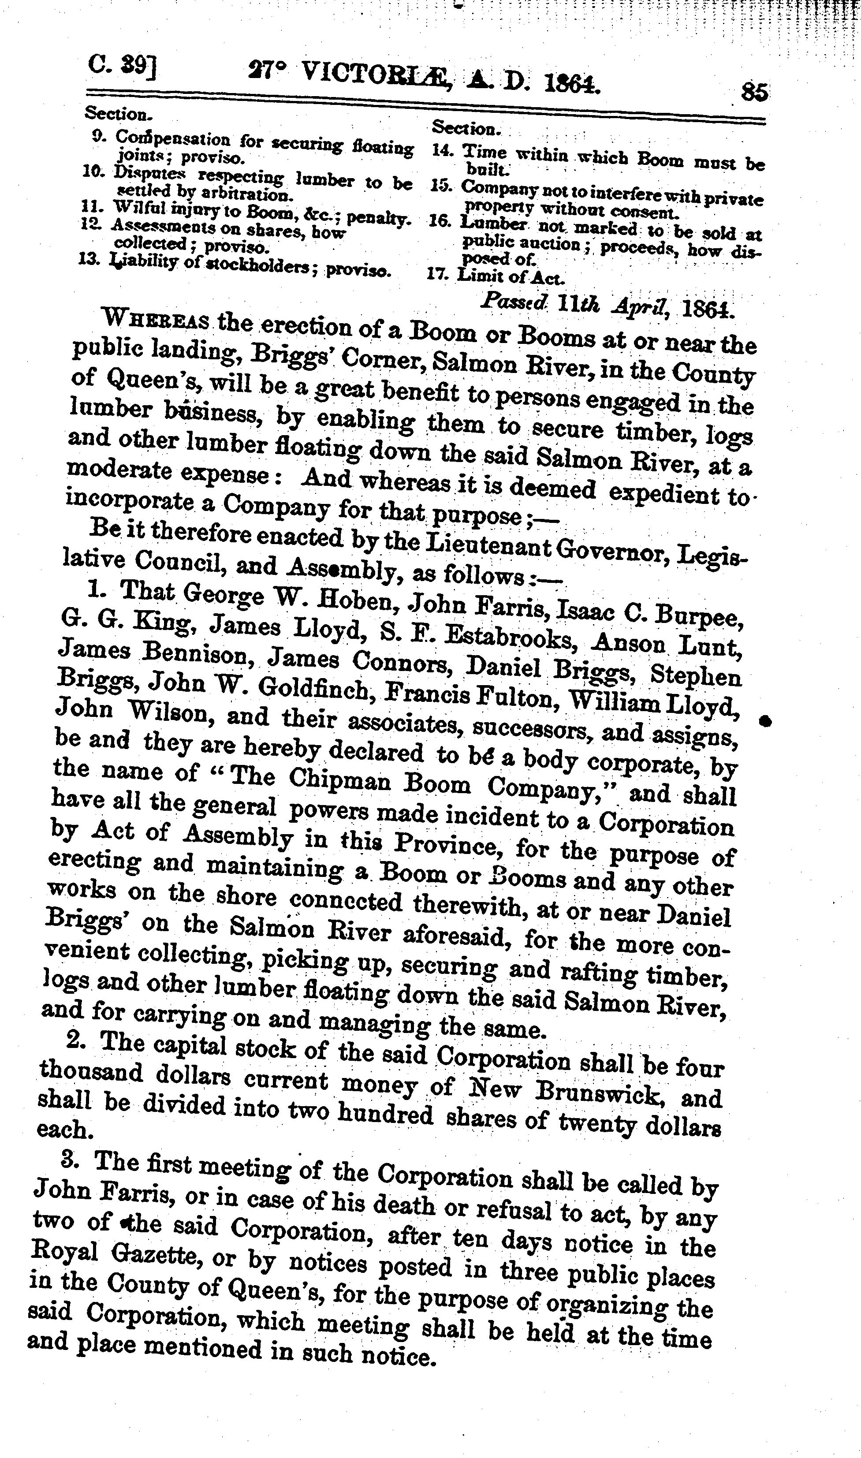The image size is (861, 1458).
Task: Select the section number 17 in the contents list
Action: point(437,274)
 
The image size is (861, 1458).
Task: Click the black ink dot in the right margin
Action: point(766,721)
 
